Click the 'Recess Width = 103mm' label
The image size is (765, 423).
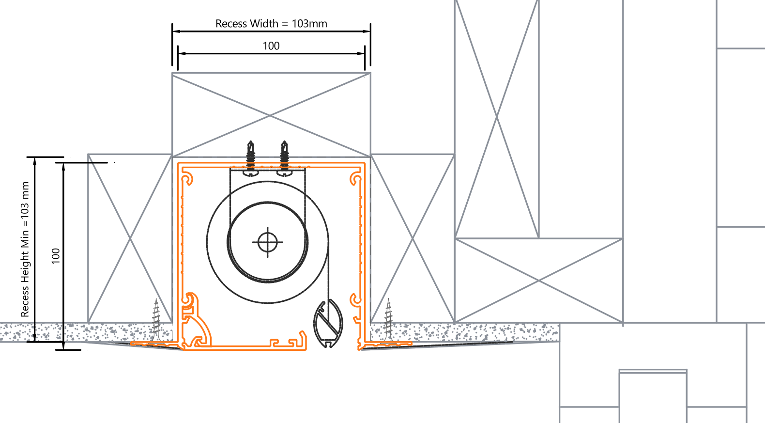271,24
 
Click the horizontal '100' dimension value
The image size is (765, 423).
271,46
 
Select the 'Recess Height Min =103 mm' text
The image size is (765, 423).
25,250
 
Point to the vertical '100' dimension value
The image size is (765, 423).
55,256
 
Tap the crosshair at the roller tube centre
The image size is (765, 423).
267,242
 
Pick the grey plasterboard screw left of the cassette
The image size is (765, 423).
156,319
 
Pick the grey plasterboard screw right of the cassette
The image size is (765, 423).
388,319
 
